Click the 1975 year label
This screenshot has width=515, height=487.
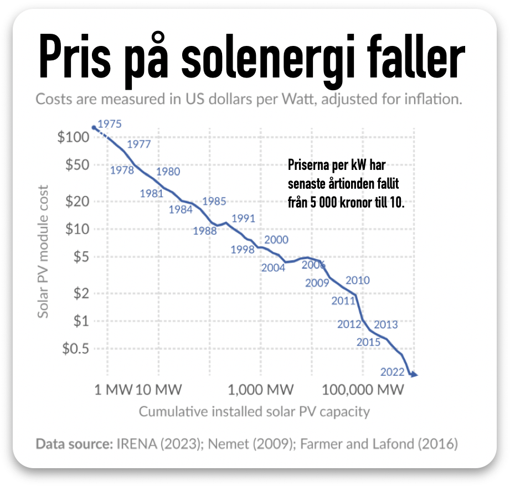[109, 124]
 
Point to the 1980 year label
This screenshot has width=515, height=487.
[168, 172]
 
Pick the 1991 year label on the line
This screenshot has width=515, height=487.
[243, 218]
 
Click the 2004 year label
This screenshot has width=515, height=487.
[273, 267]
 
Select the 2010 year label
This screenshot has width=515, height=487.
[357, 281]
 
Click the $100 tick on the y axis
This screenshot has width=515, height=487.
[74, 137]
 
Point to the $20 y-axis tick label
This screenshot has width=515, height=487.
[77, 201]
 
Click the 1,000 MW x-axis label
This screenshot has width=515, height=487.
[261, 390]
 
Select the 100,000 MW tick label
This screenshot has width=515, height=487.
[362, 390]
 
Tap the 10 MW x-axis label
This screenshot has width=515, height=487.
[159, 390]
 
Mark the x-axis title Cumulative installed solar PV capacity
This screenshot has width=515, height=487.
[254, 412]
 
